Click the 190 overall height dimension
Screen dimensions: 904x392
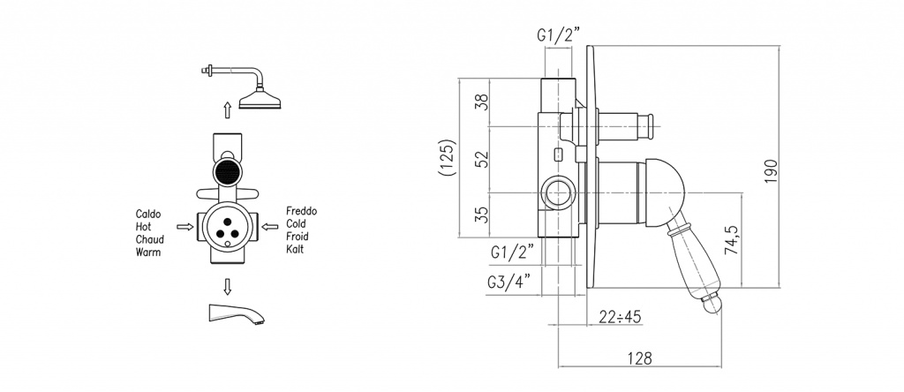coord(772,170)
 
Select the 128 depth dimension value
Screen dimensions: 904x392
coord(640,358)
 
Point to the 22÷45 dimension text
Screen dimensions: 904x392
coord(620,316)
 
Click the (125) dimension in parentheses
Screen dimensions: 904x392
coord(448,157)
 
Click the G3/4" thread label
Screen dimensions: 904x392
coord(508,283)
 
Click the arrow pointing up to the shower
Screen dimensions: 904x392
coord(228,110)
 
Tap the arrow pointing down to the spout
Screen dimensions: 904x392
coord(228,287)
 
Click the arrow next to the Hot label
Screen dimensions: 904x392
coord(185,227)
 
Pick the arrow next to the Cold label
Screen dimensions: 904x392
coord(270,227)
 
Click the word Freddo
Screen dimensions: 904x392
coord(302,211)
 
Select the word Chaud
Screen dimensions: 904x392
coord(150,239)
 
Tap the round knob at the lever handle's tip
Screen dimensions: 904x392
coord(712,303)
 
